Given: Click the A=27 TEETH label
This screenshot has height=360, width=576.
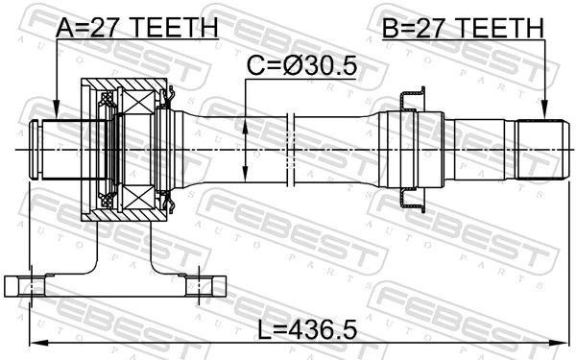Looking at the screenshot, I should click(136, 29).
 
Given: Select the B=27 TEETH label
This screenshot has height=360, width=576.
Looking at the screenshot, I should click(462, 29).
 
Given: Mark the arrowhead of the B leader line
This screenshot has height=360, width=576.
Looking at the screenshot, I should click(544, 116).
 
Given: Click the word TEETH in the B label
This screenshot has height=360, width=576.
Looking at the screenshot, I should click(499, 29).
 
